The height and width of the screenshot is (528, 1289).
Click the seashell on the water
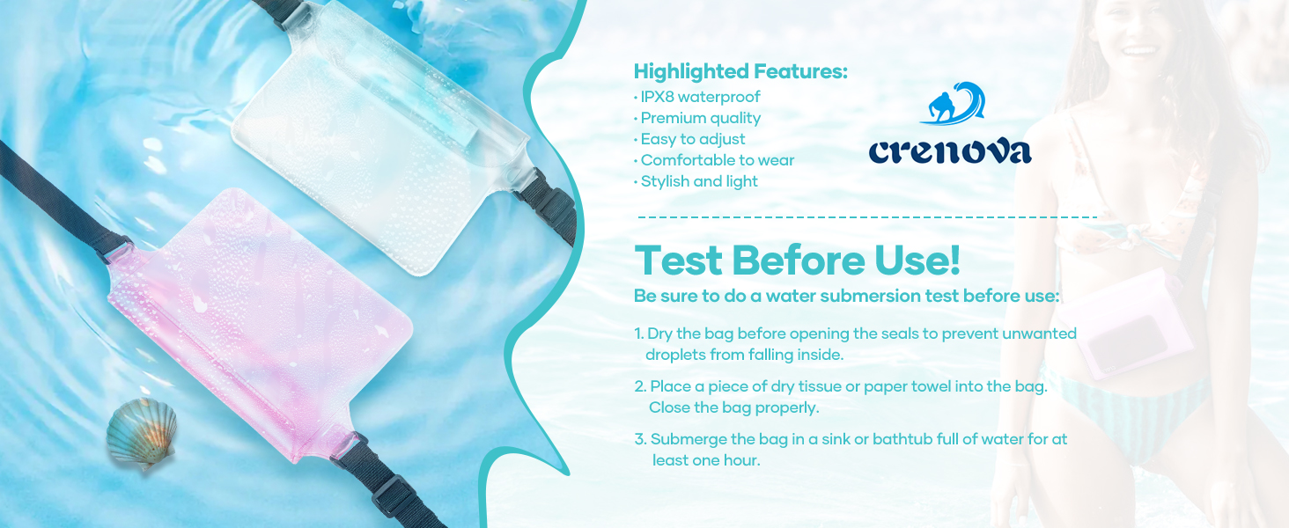142,433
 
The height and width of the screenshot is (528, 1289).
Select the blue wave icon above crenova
953,104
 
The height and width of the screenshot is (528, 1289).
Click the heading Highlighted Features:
740,72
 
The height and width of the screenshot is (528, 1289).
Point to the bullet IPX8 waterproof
700,97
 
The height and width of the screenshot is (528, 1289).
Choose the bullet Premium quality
700,118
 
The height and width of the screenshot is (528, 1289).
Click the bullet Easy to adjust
693,139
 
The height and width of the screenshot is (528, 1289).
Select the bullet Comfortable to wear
717,160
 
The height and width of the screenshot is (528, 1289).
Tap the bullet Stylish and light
699,181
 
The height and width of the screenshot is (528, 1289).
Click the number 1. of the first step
639,334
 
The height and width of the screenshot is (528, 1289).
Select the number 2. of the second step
640,387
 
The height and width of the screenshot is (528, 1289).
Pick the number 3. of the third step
640,439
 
